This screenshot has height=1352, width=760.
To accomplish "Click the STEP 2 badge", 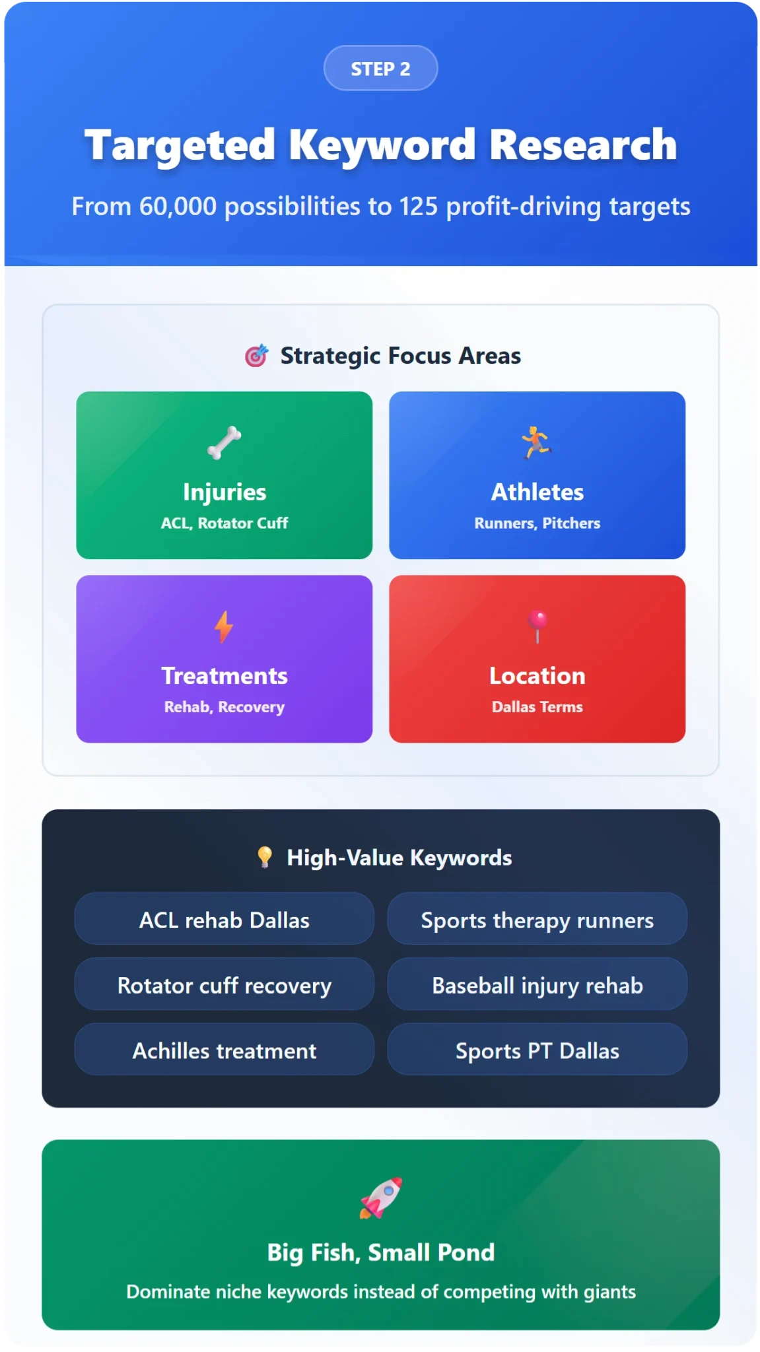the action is [380, 68].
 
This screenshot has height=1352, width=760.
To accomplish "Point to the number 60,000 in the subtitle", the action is [178, 207].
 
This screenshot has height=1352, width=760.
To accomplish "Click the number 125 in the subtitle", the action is [419, 207].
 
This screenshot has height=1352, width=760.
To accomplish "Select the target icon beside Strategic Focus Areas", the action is [256, 355].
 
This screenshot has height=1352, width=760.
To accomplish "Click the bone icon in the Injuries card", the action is [224, 442].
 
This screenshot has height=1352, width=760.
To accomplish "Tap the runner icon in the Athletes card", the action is [537, 442].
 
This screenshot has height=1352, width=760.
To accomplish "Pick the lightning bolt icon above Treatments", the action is [224, 626].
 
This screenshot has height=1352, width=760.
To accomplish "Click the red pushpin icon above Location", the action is [537, 626].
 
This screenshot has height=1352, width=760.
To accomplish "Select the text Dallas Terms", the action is [537, 707].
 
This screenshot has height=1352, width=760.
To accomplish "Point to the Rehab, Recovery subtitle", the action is [225, 707].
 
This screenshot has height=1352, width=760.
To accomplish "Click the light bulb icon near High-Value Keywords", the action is [265, 857].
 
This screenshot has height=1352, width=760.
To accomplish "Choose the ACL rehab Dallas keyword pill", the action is [225, 919].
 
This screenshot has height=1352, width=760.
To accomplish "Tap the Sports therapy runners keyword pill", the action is [537, 919].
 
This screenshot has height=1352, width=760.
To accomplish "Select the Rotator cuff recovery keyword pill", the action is [225, 984].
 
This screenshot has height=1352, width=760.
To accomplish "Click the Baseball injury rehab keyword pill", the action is [537, 984].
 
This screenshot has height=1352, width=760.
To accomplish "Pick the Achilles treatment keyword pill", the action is [225, 1050].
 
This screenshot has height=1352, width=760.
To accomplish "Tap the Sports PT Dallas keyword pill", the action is [537, 1050].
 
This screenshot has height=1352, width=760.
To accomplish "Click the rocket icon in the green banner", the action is [381, 1198].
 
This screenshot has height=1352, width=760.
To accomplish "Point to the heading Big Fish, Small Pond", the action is [381, 1252].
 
